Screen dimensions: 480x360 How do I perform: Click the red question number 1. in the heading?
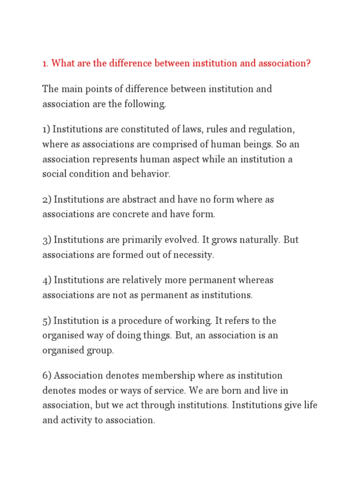click(45, 63)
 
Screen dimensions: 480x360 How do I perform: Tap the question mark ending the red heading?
click(308, 63)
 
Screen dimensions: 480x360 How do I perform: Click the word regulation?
click(271, 129)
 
